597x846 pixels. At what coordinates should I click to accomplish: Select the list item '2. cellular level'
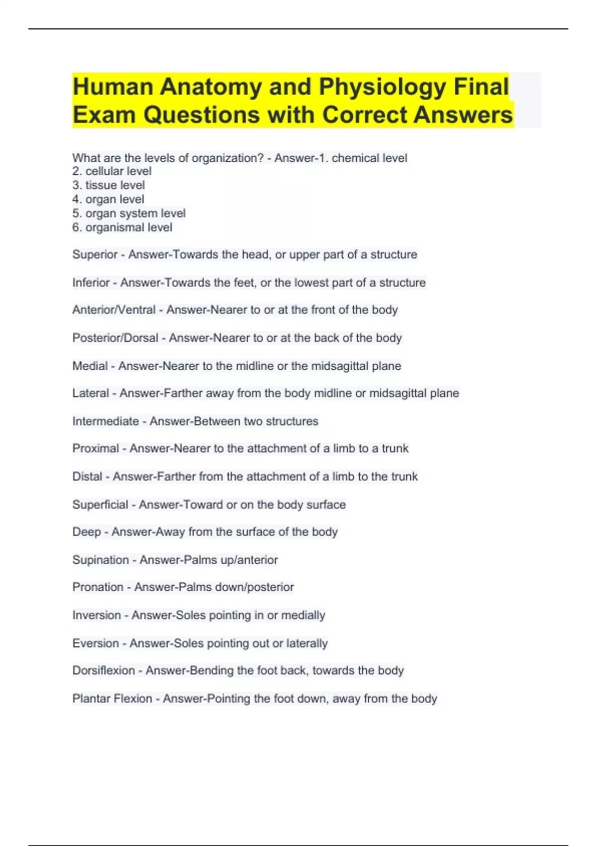click(112, 171)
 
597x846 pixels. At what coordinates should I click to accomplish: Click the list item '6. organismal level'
click(122, 227)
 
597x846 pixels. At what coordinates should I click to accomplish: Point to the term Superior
click(95, 255)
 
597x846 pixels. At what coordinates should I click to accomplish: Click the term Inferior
click(91, 283)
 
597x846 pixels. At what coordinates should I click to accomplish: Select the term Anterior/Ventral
click(114, 310)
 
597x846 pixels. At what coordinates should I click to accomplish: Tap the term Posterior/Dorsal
click(115, 338)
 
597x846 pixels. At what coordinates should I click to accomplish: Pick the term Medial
click(90, 366)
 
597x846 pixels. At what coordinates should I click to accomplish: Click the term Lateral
click(91, 393)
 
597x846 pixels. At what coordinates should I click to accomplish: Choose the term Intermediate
click(105, 422)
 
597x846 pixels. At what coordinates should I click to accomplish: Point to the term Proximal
click(96, 448)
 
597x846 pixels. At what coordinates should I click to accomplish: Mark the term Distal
click(87, 477)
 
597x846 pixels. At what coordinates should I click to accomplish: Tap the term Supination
click(100, 560)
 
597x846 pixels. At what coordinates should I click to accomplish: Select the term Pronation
click(98, 587)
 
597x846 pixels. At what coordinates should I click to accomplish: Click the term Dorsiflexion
click(103, 671)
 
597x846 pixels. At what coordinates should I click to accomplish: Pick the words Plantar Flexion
click(112, 699)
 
